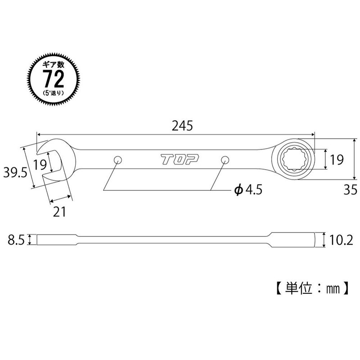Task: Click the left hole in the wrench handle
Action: tap(118, 160)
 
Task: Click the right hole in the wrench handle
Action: tap(225, 160)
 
